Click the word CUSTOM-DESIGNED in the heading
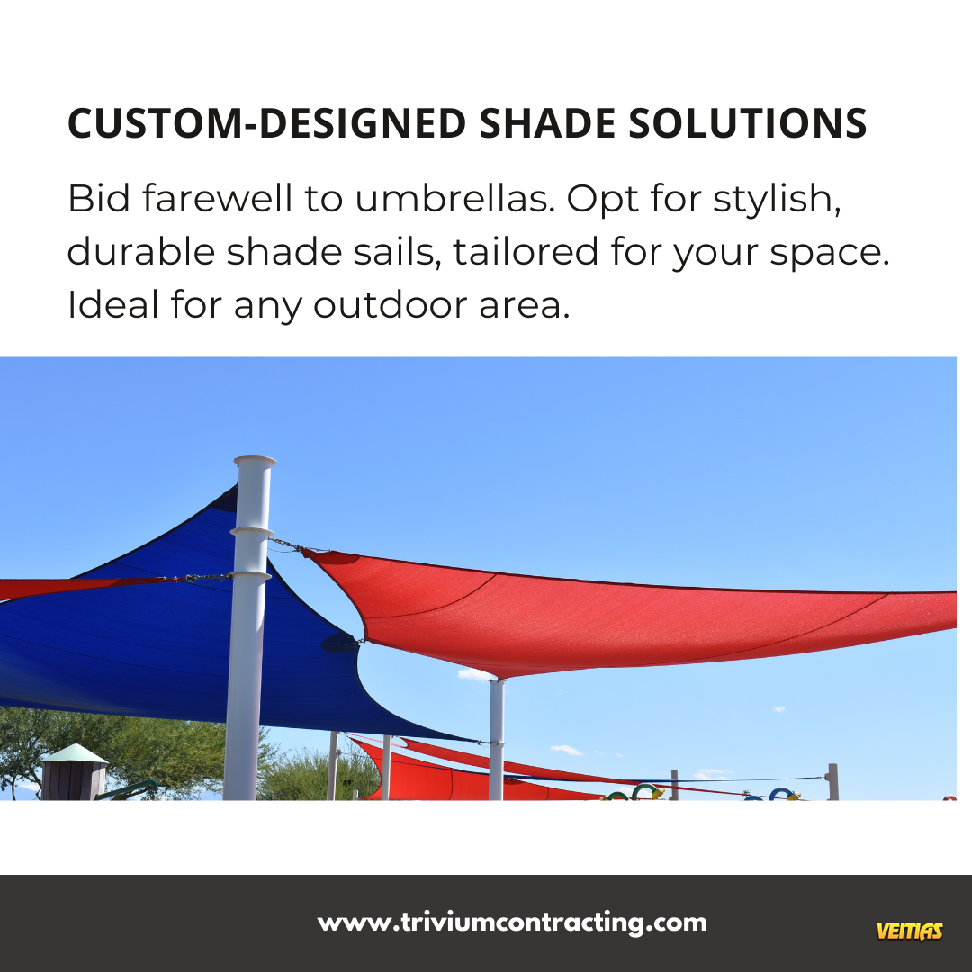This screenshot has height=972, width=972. [x=266, y=122]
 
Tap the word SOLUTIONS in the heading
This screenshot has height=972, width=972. [x=748, y=122]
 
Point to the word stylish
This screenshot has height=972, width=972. [x=777, y=201]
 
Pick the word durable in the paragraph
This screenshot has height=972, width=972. [x=140, y=252]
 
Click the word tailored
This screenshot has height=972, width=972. [x=526, y=252]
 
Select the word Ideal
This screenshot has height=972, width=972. [x=112, y=304]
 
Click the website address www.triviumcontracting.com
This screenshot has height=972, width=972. [x=512, y=922]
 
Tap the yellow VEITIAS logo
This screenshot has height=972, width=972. [x=909, y=931]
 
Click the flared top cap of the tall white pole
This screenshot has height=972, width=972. [x=255, y=461]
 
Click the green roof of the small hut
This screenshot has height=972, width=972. [x=75, y=753]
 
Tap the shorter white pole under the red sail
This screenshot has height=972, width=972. [x=497, y=740]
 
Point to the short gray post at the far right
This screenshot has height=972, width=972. [x=832, y=782]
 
